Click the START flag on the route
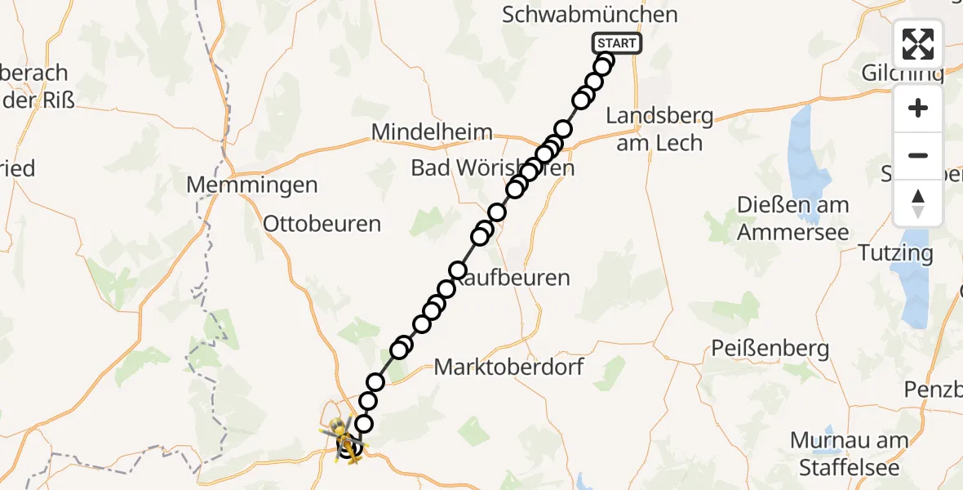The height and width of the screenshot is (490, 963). [x=616, y=44]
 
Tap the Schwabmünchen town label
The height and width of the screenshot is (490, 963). [x=590, y=15]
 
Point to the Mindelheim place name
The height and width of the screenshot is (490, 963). [x=432, y=131]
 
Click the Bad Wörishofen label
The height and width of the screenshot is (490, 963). [x=492, y=168]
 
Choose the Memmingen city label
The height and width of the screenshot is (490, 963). [x=252, y=185]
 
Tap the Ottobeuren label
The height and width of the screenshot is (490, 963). [x=322, y=224]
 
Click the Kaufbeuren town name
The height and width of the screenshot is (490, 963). [x=514, y=278]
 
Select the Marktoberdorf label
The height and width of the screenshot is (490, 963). [x=508, y=367]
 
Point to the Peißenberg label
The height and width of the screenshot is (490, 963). [x=770, y=350]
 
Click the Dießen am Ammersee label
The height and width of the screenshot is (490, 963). [x=793, y=218]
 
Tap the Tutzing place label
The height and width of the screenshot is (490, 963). [x=895, y=253]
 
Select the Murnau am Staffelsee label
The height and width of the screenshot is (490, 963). [x=849, y=454]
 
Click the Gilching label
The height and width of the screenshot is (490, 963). [x=903, y=73]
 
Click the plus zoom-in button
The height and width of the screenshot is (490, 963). [x=918, y=109]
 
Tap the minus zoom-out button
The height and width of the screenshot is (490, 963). [x=918, y=156]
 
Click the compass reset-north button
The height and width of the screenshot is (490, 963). [x=918, y=203]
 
